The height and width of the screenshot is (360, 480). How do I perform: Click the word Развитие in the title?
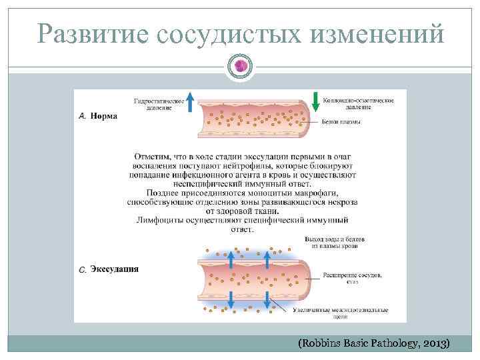(x=93, y=33)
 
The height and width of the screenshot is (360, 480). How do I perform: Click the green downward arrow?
(x=314, y=103)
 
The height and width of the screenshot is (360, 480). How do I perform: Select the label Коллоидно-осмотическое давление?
(x=358, y=103)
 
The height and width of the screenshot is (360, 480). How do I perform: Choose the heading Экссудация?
(x=114, y=269)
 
